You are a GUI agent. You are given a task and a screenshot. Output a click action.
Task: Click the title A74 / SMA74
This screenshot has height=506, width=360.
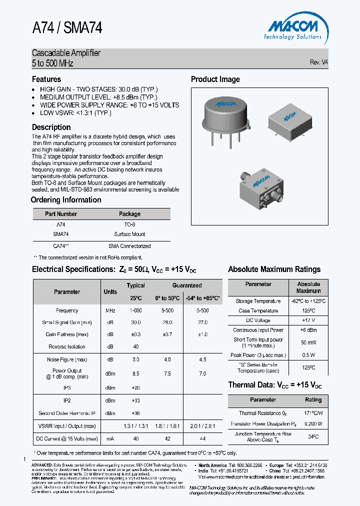[67, 28]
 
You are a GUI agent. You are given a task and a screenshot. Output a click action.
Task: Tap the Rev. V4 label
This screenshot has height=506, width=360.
[318, 62]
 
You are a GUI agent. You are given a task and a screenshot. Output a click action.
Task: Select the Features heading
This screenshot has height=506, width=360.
[46, 79]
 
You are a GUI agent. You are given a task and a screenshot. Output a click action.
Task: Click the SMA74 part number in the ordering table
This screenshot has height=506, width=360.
[61, 234]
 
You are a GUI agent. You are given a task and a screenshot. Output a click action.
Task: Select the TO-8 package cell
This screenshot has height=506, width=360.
[129, 225]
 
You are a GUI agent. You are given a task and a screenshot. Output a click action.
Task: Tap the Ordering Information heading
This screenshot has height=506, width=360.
[66, 200]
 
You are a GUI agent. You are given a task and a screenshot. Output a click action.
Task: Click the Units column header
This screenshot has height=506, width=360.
[110, 291]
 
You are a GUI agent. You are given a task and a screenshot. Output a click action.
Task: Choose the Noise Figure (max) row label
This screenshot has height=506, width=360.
[67, 359]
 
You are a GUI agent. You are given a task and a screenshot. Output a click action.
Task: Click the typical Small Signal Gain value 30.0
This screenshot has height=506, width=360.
[135, 322]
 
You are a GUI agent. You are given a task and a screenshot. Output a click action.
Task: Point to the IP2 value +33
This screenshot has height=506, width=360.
[135, 400]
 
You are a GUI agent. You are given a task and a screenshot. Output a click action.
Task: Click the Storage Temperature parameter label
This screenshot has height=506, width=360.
[258, 301]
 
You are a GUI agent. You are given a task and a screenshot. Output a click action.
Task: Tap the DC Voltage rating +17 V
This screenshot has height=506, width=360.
[308, 320]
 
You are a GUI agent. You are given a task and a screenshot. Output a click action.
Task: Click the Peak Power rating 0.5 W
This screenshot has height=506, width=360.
[308, 355]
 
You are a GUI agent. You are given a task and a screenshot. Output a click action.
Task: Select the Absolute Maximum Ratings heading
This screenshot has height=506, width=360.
[274, 269]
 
